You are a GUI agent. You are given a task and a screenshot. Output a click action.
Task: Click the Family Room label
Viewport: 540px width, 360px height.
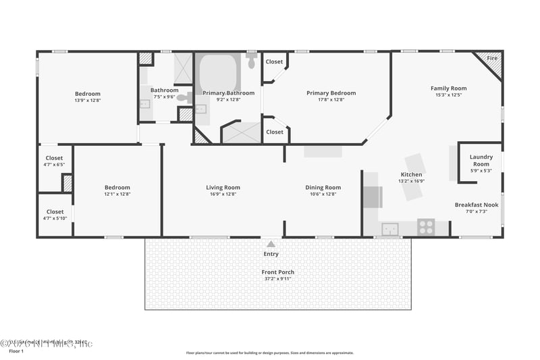coord(448,88)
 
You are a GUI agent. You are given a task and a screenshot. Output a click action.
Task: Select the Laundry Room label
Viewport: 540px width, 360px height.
coord(481,161)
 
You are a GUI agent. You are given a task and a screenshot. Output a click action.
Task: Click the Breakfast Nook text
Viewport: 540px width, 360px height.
coord(476,205)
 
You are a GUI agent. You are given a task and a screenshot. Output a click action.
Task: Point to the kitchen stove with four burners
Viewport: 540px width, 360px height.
coord(425,227)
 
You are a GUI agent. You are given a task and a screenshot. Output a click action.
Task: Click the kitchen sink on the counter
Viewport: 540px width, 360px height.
coord(389,229)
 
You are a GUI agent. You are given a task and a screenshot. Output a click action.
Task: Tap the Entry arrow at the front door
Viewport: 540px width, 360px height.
coord(271,244)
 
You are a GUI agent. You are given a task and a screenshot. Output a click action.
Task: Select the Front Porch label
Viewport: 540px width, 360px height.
coord(277,272)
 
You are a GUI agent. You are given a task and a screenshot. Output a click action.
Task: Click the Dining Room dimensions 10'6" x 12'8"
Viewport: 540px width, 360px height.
coord(323,194)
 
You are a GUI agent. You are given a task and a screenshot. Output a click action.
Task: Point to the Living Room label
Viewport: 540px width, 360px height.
coord(223,188)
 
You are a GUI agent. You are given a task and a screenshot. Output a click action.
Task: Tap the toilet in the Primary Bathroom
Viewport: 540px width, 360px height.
coord(251,63)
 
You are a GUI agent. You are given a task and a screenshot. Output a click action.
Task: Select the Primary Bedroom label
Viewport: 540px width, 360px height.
coord(331,93)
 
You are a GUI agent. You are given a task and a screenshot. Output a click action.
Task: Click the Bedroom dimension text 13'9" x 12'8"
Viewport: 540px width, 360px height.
coord(87,100)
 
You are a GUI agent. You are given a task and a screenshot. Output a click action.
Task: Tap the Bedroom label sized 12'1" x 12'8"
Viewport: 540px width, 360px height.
coord(117,188)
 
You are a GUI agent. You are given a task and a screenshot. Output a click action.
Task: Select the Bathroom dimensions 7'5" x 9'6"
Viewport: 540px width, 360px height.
coord(164,97)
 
